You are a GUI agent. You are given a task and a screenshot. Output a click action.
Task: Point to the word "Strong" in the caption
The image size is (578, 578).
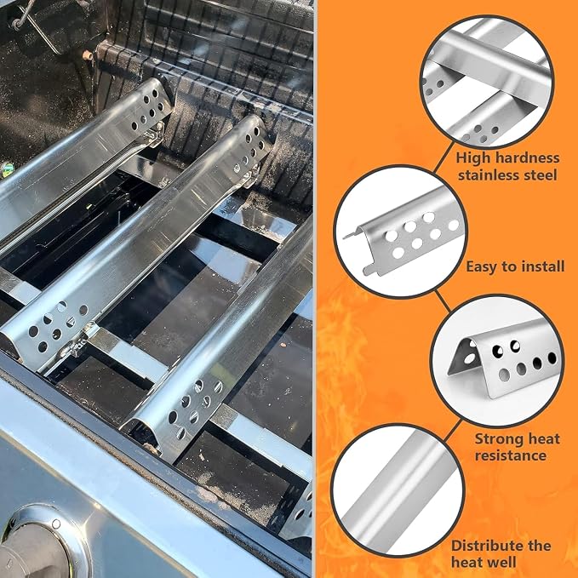499,439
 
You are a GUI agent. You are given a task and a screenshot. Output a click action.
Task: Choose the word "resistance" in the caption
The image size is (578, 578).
511,455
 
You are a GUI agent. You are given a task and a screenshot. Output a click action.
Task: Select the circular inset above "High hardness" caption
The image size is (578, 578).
487,82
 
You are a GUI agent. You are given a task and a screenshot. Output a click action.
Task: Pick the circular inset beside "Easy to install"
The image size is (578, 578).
401,232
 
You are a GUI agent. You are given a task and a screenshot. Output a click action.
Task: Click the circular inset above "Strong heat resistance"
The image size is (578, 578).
497,361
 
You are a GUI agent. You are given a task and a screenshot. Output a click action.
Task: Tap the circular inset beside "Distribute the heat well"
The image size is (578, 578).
398,490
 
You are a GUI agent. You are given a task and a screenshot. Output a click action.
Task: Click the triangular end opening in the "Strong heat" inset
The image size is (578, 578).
464,357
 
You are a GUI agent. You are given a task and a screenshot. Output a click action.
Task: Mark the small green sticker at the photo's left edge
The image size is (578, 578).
6,169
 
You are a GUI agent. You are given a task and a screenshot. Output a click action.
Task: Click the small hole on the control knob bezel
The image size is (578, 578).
56,524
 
